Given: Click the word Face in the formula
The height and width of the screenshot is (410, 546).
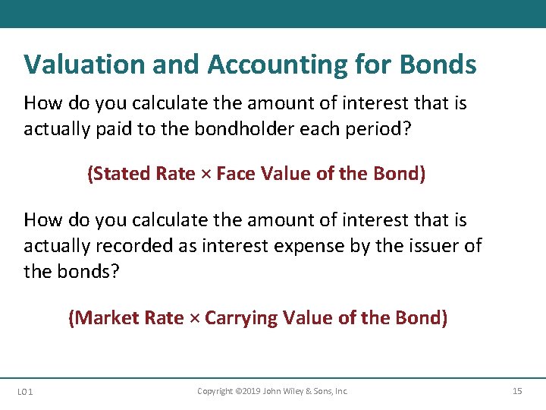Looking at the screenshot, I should pyautogui.click(x=236, y=174).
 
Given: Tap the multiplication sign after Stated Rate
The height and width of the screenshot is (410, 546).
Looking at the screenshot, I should pyautogui.click(x=206, y=175).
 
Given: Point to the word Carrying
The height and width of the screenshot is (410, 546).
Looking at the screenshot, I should pyautogui.click(x=240, y=318).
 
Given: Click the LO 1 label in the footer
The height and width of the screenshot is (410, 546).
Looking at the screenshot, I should pyautogui.click(x=24, y=392).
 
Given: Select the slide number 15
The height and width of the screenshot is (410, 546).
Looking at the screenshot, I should pyautogui.click(x=517, y=391).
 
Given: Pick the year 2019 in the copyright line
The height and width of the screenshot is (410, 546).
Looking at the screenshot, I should pyautogui.click(x=247, y=391).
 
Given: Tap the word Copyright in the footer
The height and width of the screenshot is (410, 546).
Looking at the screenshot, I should pyautogui.click(x=215, y=391).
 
